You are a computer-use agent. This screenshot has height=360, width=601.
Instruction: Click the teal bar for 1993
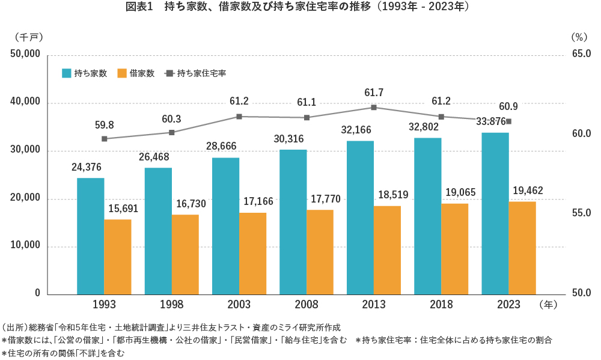pos(91,236)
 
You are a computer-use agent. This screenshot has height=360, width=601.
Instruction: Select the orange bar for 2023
pos(522,248)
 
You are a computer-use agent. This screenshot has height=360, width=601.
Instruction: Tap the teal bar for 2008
pos(293,222)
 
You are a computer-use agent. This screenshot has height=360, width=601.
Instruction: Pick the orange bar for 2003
pos(252,253)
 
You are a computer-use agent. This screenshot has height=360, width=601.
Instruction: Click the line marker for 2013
pos(374,108)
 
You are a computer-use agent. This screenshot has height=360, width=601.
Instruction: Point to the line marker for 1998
pos(172,133)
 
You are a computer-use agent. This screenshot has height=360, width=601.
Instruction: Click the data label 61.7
pos(374,93)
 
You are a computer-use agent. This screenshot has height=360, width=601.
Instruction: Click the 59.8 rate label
pos(105,125)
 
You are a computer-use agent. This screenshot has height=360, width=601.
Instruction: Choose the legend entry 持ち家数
pos(85,73)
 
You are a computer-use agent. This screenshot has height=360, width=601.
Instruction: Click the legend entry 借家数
pos(136,73)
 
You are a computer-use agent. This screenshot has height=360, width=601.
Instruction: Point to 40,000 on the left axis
pos(25,103)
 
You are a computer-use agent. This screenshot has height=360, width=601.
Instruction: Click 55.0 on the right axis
pos(581,213)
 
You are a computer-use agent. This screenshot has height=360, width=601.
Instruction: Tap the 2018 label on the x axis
pos(441,305)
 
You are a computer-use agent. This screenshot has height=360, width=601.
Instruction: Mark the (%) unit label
pos(578,37)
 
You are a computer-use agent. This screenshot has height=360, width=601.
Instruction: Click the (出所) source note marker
pos(16,328)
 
